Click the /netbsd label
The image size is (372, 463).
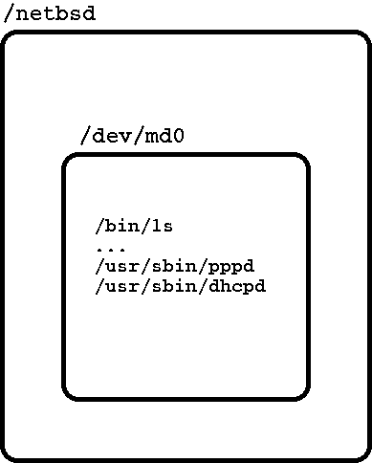(50, 14)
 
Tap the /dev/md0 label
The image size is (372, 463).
(131, 135)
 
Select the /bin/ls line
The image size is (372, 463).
(133, 227)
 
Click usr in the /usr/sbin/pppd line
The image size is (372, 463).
(123, 266)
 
